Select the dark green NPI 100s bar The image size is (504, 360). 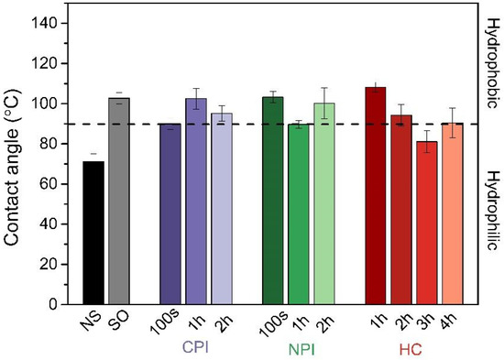pyautogui.click(x=273, y=201)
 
